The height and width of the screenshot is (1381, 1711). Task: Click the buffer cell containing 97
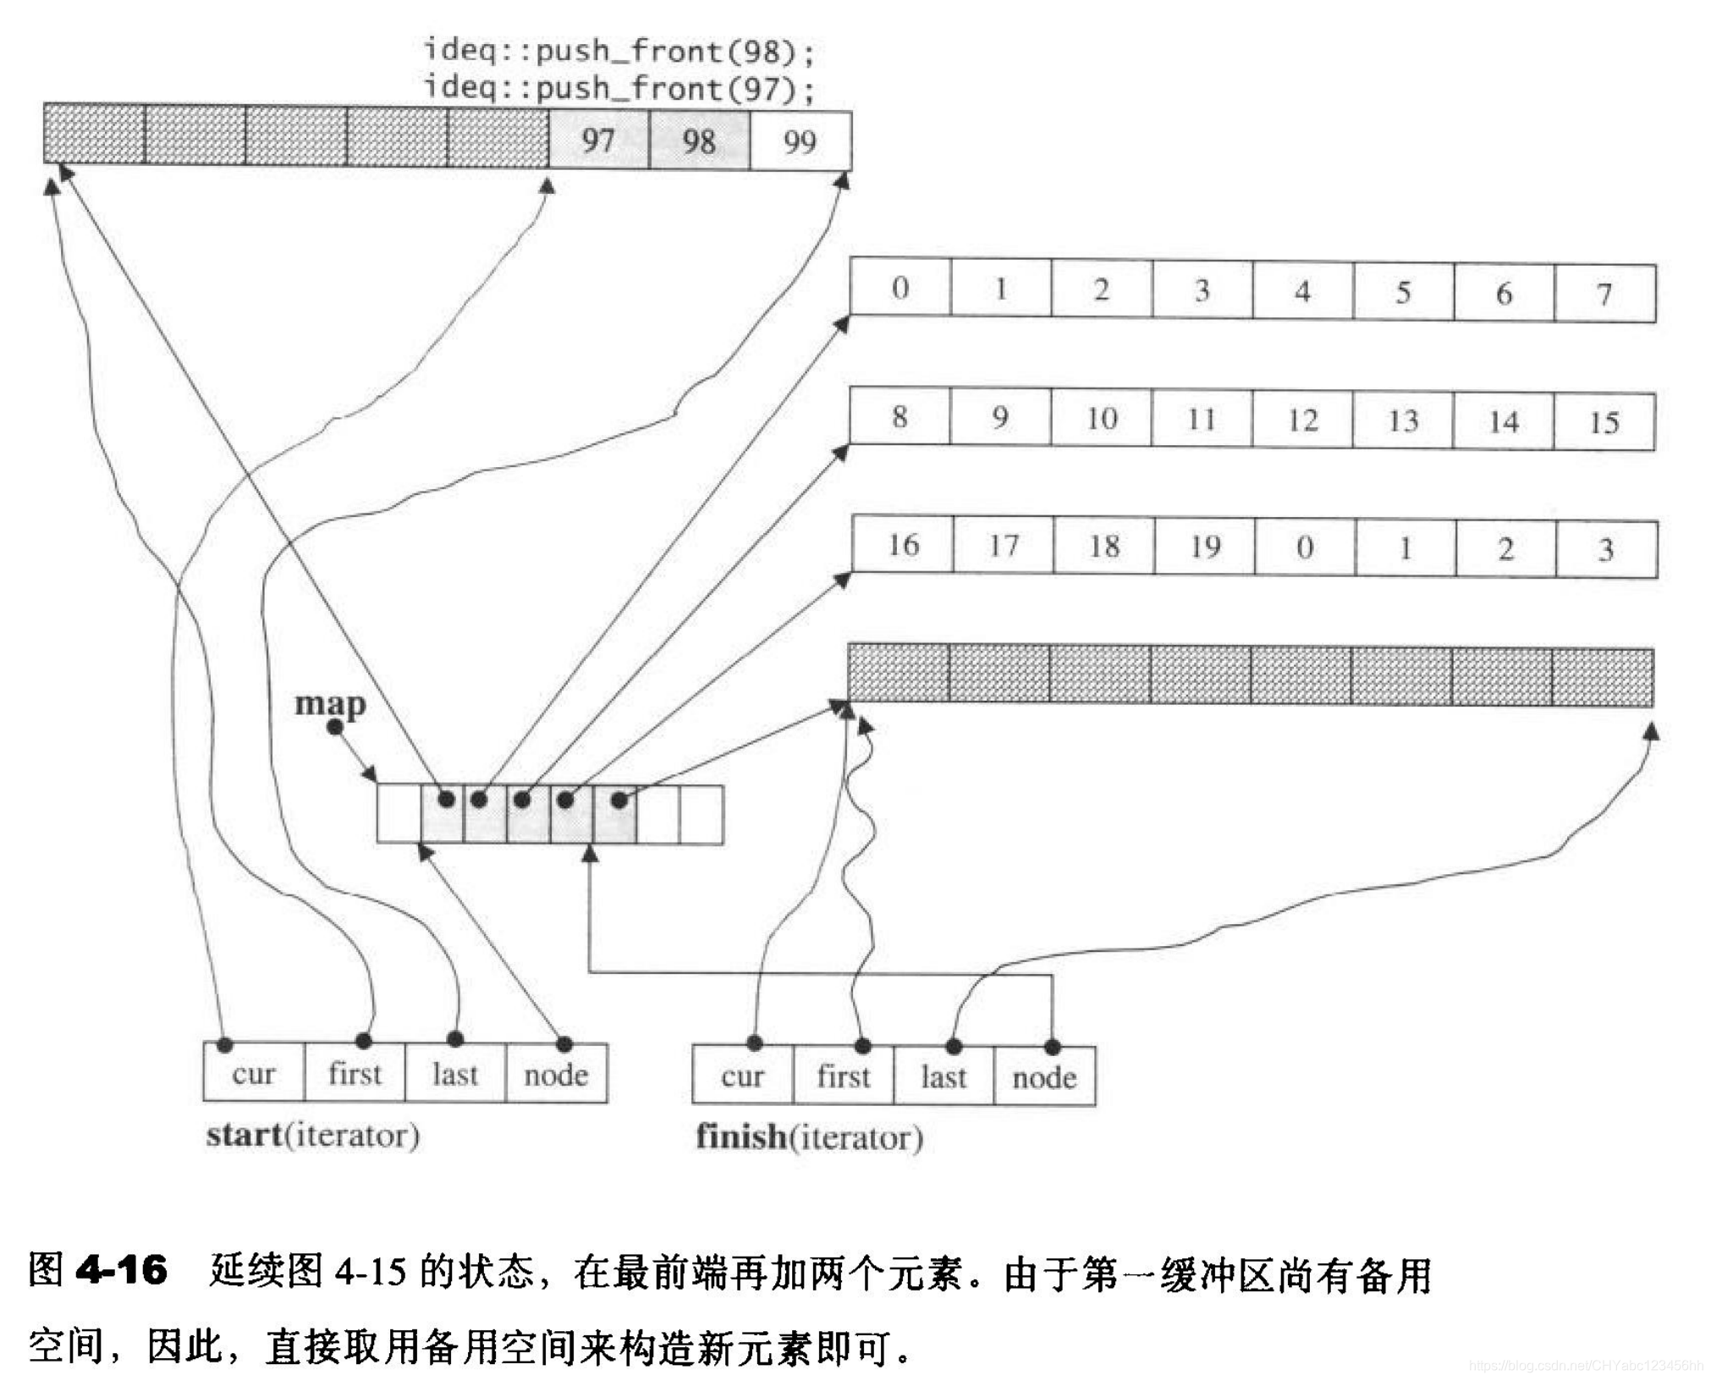tap(598, 140)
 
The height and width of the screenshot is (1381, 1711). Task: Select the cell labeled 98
tap(699, 140)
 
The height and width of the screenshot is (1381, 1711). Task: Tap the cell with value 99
tap(800, 140)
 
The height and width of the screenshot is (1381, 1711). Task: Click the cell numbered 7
tap(1604, 294)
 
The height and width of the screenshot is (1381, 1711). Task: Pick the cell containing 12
tap(1302, 420)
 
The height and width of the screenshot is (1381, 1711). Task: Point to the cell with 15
tap(1604, 421)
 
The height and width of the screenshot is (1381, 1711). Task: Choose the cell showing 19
tap(1205, 547)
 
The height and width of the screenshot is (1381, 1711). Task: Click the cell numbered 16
tap(903, 545)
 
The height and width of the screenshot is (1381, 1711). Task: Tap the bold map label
tap(330, 703)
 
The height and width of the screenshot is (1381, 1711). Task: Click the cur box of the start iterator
tap(253, 1074)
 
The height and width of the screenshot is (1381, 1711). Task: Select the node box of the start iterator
tap(556, 1075)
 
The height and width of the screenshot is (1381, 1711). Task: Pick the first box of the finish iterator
tap(843, 1076)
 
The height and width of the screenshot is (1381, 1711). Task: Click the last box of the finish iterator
tap(943, 1077)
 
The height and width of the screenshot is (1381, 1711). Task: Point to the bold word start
tap(244, 1135)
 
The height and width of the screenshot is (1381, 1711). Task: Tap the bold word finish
tap(740, 1136)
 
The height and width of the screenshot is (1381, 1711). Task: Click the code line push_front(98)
tap(619, 52)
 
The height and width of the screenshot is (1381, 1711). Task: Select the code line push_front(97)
tap(619, 88)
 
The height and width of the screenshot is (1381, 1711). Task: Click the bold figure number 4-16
tap(121, 1269)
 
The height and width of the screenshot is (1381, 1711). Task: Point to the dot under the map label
tap(335, 727)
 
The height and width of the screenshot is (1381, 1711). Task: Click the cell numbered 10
tap(1101, 419)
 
